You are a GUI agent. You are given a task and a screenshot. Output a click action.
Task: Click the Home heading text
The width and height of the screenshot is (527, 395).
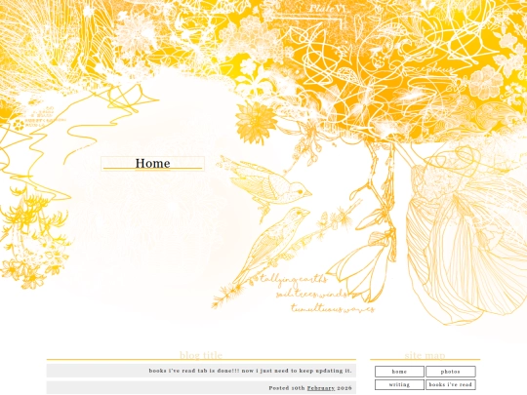(x=152, y=164)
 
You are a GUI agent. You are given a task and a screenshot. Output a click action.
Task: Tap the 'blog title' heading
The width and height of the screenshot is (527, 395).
(x=201, y=355)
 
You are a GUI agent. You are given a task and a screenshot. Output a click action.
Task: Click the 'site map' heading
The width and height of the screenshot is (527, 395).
(x=425, y=355)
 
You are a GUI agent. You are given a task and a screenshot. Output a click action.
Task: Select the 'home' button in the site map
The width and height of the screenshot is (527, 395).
(x=399, y=372)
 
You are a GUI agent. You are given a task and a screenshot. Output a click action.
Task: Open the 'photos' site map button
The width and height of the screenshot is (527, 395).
(x=450, y=372)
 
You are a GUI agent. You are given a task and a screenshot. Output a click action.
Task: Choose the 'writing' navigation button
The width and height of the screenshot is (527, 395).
(x=399, y=384)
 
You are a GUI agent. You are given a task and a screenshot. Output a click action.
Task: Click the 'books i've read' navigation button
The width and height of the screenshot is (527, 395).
(x=450, y=384)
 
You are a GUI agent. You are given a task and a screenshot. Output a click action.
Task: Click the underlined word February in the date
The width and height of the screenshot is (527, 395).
(x=320, y=388)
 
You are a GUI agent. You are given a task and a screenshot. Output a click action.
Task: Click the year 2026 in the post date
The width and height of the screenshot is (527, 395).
(x=345, y=388)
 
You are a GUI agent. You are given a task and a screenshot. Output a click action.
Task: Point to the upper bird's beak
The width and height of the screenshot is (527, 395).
(x=309, y=192)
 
